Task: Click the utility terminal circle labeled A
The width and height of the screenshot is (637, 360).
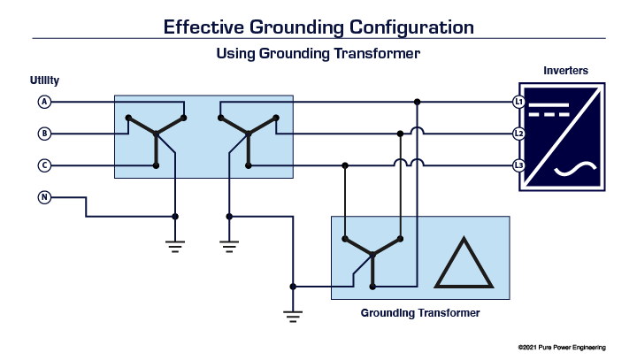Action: (x=44, y=102)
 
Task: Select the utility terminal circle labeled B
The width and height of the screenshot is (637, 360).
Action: (x=44, y=134)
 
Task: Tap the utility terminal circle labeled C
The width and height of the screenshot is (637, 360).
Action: (x=44, y=165)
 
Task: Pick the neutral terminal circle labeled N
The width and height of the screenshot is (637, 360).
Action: (x=44, y=196)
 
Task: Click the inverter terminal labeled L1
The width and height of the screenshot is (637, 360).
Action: (x=519, y=102)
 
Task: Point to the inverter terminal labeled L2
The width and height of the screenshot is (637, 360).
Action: (x=519, y=134)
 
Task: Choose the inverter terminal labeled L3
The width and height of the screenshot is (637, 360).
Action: (x=519, y=165)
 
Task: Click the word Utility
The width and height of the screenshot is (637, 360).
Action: (x=44, y=80)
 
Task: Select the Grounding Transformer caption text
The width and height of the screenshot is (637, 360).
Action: (x=419, y=312)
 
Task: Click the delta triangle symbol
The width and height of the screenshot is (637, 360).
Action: (x=464, y=263)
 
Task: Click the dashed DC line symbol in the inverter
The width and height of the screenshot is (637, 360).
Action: (x=555, y=112)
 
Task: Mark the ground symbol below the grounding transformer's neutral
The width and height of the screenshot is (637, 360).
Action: (x=293, y=311)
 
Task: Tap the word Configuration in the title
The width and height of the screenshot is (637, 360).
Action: (x=403, y=26)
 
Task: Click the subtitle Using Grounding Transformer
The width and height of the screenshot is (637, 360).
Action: (x=318, y=54)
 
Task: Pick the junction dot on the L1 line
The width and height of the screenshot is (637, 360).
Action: (x=417, y=102)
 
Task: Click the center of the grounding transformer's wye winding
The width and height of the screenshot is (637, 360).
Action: (x=372, y=255)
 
